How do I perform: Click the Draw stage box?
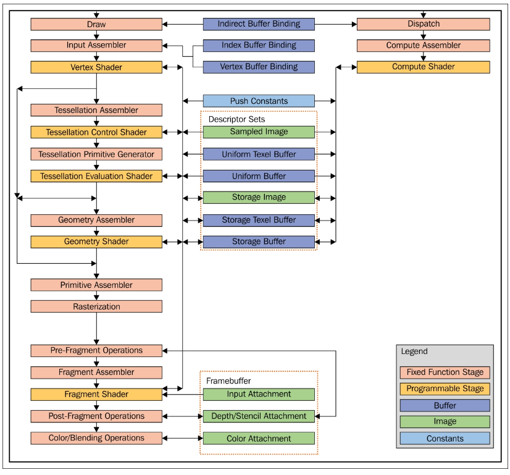tap(96, 24)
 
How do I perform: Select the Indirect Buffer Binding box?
tap(259, 24)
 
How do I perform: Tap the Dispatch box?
tap(423, 24)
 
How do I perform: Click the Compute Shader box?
tap(423, 67)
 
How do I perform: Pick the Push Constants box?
tap(259, 101)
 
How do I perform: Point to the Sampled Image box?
tap(259, 132)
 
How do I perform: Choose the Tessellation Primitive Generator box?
tap(96, 154)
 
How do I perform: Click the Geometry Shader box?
tap(96, 242)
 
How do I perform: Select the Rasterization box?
tap(96, 306)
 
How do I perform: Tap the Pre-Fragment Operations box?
tap(96, 350)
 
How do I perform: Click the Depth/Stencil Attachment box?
tap(259, 416)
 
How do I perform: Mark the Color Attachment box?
tap(259, 439)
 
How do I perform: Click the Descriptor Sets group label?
tap(236, 119)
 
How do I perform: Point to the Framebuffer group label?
tap(228, 381)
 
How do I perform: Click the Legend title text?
tap(414, 351)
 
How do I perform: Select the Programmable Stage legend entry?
tap(445, 389)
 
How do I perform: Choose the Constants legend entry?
tap(445, 439)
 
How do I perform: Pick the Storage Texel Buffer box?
tap(259, 220)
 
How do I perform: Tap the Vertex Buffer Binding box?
tap(259, 67)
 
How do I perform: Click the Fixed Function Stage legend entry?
tap(445, 372)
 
